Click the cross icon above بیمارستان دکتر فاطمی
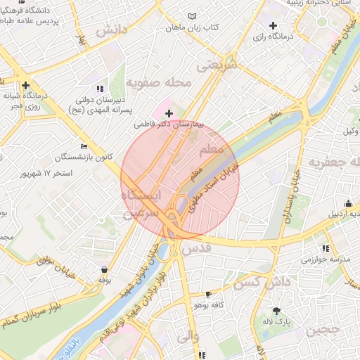tap(169, 112)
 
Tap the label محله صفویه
tap(159, 83)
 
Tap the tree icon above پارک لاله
tap(276, 311)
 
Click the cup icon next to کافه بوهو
tap(208, 294)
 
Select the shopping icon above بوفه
tap(105, 269)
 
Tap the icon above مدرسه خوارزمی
tap(326, 248)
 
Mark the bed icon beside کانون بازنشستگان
tap(85, 147)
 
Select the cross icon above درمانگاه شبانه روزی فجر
tap(25, 85)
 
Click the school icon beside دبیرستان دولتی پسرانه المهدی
tap(100, 89)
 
